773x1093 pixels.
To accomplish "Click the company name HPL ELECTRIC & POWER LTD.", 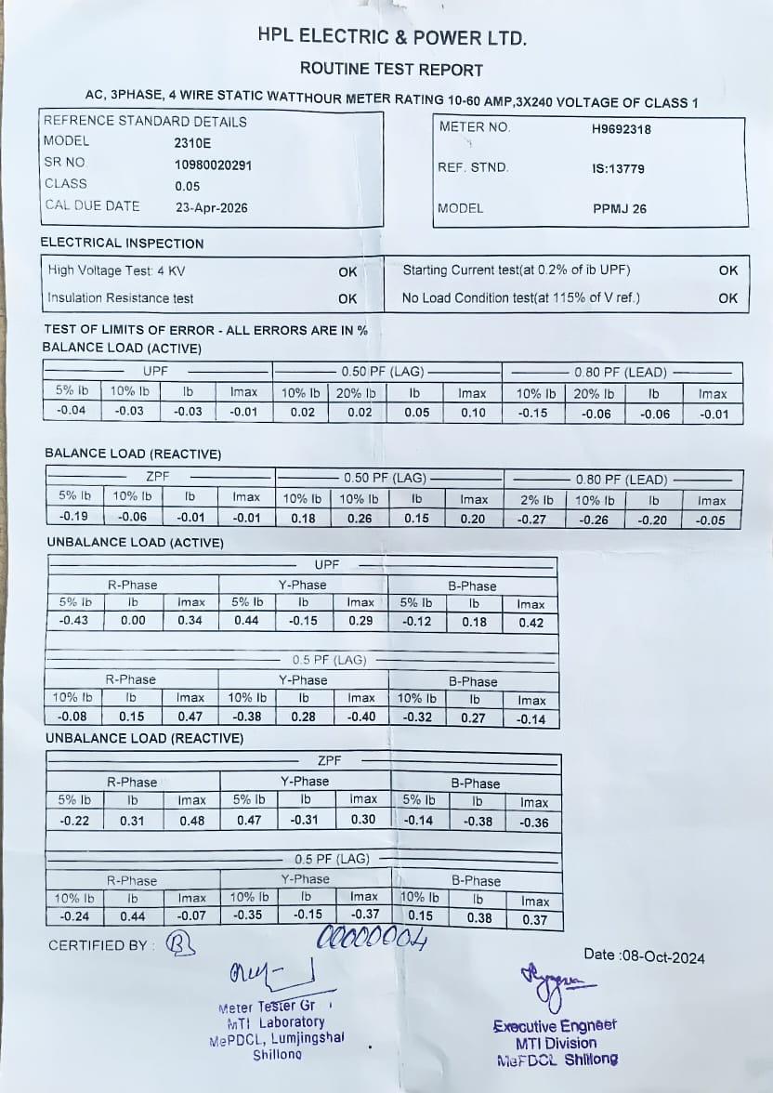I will pos(392,38).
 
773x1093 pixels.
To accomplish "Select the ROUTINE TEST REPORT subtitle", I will pos(391,70).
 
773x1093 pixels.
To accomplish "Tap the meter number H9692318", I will pos(621,129).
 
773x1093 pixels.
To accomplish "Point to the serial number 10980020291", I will pos(213,165).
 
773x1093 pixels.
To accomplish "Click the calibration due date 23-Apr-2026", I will pos(211,207).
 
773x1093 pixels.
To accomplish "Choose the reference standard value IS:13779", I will pos(617,169).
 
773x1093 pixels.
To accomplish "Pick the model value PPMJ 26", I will pos(619,209).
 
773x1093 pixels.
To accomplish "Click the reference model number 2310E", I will pos(192,143).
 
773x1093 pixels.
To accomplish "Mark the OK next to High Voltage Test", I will pos(347,271).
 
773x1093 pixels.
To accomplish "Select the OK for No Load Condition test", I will pos(727,298).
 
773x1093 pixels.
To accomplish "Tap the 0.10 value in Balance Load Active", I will pos(473,413).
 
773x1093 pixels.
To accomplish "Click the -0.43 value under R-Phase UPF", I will pos(74,621).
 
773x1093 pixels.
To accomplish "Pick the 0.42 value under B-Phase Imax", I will pos(531,623).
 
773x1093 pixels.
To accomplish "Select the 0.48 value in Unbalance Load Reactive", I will pos(191,821).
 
